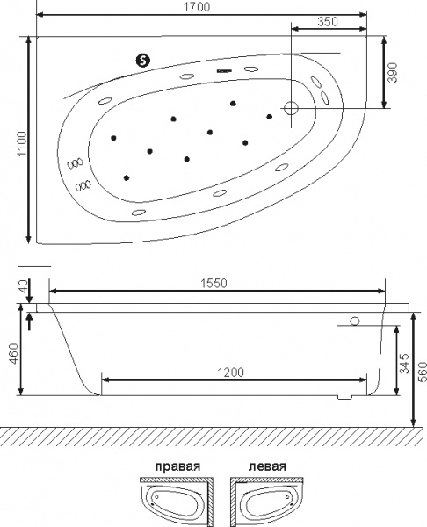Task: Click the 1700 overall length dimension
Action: tap(197, 7)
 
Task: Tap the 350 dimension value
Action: tap(328, 22)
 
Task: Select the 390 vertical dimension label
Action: tap(393, 72)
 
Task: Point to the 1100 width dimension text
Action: tap(22, 143)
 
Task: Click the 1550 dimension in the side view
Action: tap(213, 284)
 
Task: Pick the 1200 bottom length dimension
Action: tap(231, 372)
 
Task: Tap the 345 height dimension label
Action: tap(405, 363)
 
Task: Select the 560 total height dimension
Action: tap(423, 372)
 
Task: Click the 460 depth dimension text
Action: tap(14, 353)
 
